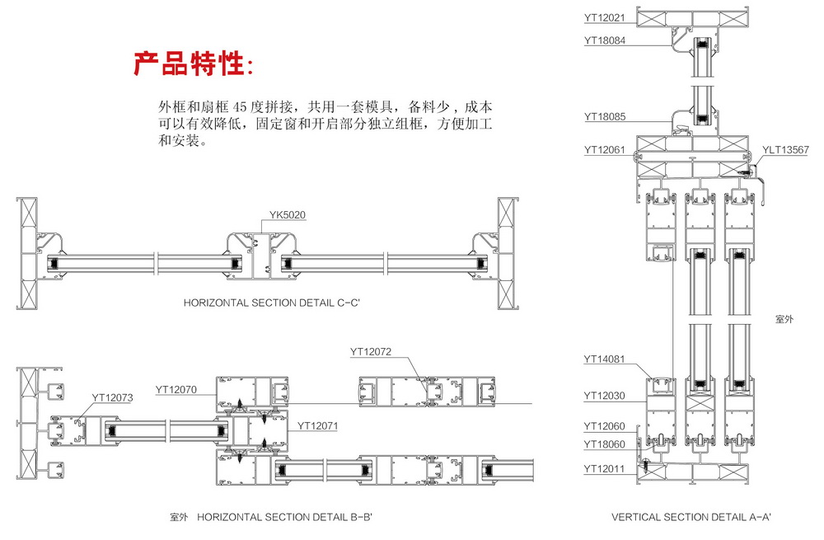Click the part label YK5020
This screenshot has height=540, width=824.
coord(288,217)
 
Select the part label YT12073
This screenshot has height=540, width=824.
coord(112,397)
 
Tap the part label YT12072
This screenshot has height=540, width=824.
coord(370,352)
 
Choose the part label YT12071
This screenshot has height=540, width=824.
coord(318,426)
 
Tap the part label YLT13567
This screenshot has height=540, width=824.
coord(785,150)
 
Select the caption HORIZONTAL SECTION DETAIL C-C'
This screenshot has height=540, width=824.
coord(272,303)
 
